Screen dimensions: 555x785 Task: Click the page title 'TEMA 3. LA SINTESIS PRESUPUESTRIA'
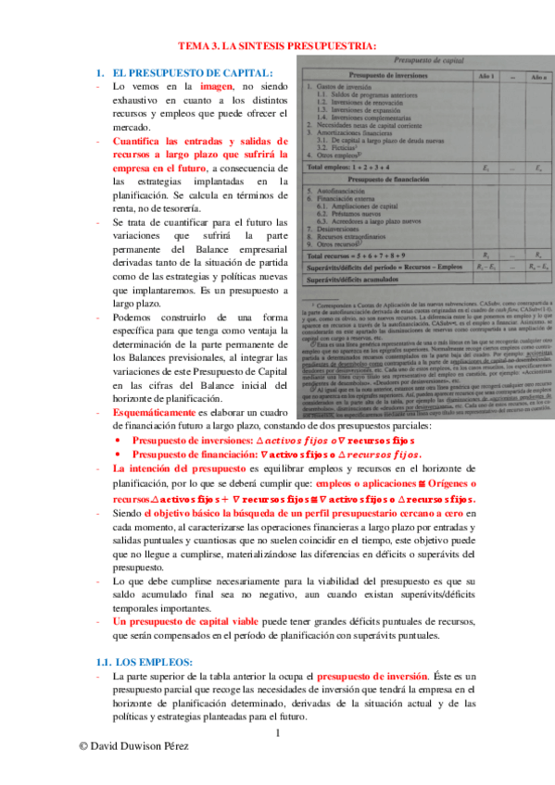(x=276, y=45)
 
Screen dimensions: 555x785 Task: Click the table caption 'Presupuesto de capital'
(x=419, y=59)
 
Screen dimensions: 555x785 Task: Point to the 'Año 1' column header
(x=487, y=74)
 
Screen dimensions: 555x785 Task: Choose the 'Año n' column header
(x=539, y=74)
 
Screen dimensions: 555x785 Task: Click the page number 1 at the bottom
(x=276, y=734)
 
